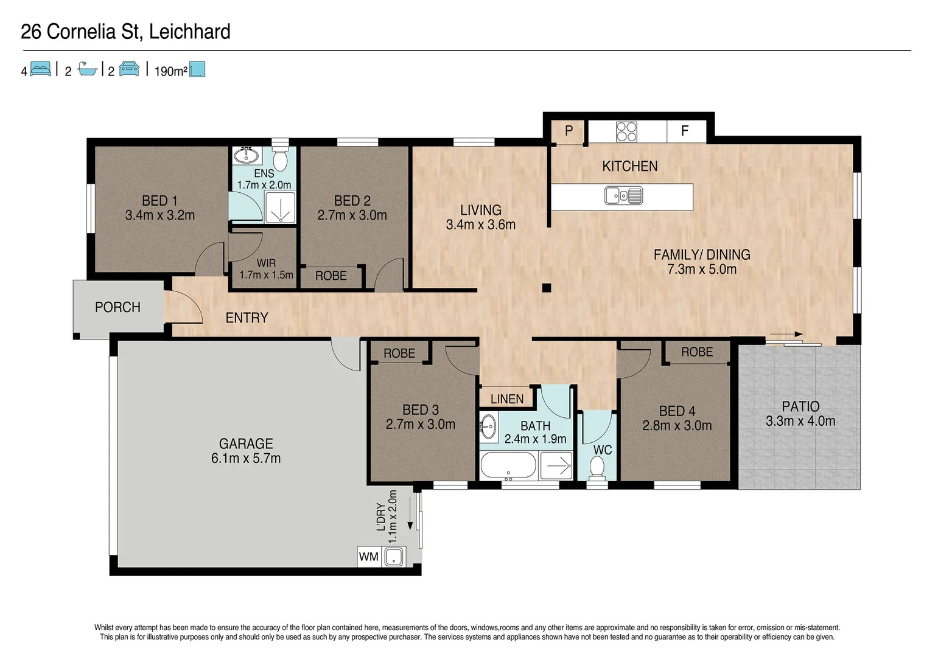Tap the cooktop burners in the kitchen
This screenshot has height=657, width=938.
[627, 131]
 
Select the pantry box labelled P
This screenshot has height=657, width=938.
[569, 131]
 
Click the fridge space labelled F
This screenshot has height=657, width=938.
[685, 131]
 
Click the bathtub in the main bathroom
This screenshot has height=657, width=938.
[508, 467]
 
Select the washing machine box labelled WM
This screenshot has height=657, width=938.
[369, 557]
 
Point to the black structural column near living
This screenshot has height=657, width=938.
[547, 288]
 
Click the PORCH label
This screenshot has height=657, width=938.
[117, 307]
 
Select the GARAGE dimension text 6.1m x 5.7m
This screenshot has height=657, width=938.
[246, 458]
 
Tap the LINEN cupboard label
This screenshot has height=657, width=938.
[507, 399]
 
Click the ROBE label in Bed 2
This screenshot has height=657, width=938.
[331, 276]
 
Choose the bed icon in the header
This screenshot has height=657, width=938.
[40, 69]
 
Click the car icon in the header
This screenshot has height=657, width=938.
[129, 69]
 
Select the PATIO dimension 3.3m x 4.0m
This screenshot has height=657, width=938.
[800, 421]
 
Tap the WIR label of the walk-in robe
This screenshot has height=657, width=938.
[266, 263]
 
